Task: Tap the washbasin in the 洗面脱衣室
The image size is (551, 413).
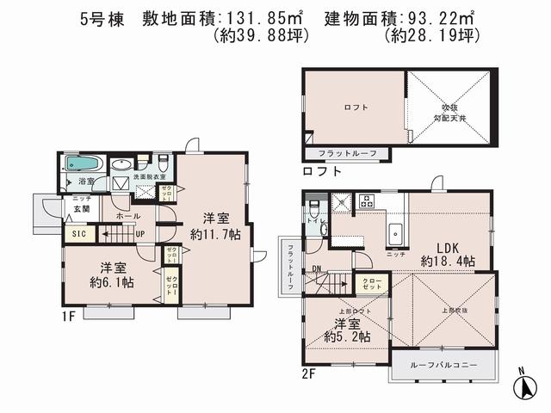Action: click(x=121, y=164)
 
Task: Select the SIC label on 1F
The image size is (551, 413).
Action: click(x=78, y=232)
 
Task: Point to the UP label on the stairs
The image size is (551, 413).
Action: click(x=139, y=233)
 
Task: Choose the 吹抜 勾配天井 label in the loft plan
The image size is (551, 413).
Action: click(x=448, y=112)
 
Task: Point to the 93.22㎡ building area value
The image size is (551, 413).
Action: click(x=439, y=16)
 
